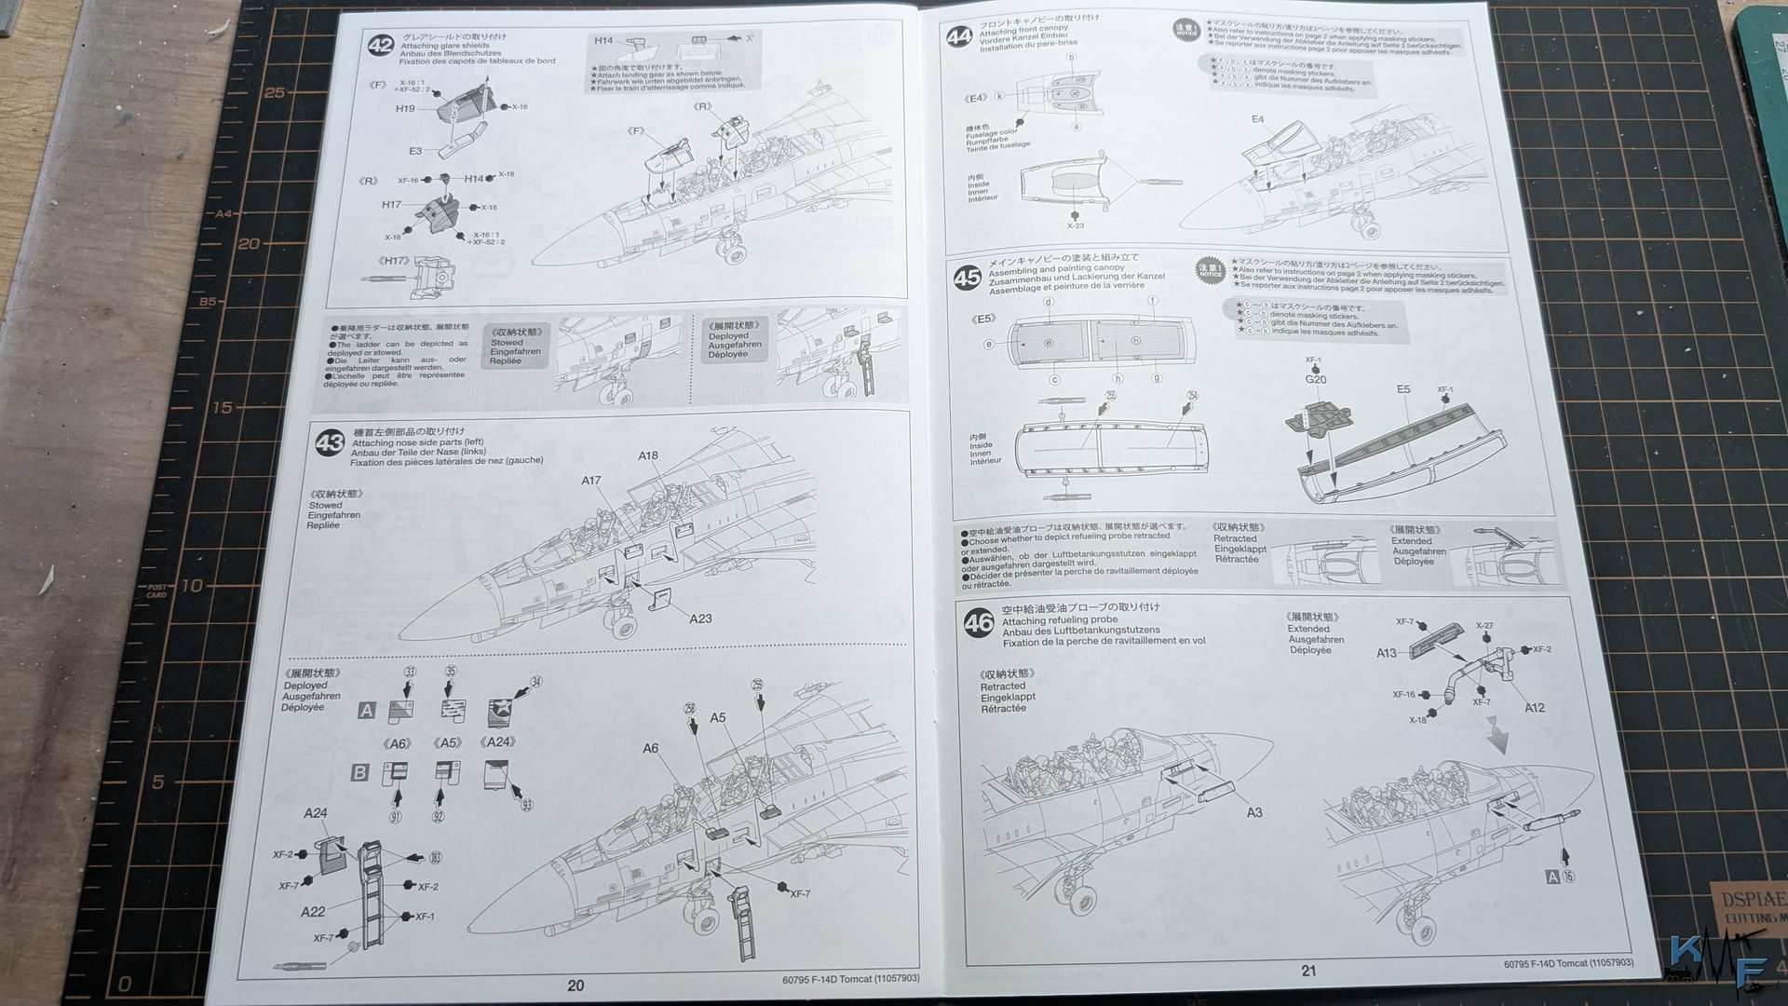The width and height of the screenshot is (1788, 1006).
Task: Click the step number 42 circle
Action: point(380,46)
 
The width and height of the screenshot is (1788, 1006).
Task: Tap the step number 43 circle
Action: point(330,442)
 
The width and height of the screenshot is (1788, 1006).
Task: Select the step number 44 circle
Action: point(959,36)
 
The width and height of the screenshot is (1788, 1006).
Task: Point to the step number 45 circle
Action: point(967,277)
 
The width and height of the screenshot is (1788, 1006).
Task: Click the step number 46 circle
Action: point(979,622)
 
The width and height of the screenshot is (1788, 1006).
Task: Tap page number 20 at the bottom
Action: point(576,986)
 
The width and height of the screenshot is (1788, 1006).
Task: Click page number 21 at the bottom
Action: point(1308,971)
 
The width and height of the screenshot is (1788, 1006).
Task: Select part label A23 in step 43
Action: point(700,619)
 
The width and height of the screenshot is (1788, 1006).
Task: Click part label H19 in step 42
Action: point(405,109)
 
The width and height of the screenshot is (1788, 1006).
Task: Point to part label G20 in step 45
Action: point(1315,379)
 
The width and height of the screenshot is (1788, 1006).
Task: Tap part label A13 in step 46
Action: point(1387,653)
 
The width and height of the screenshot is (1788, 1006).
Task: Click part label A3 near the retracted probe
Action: point(1254,812)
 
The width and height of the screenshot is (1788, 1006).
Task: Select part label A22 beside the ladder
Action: point(313,912)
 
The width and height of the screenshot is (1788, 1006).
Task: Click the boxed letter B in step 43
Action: point(359,772)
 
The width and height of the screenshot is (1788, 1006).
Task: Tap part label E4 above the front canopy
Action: point(1257,119)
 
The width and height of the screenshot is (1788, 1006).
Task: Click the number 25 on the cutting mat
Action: point(275,92)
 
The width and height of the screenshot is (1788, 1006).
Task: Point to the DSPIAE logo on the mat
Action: point(1752,900)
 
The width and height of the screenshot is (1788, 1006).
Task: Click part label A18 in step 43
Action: point(648,455)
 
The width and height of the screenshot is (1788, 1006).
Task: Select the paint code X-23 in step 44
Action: point(1075,225)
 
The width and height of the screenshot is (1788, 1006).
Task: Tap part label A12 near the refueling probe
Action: point(1534,708)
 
